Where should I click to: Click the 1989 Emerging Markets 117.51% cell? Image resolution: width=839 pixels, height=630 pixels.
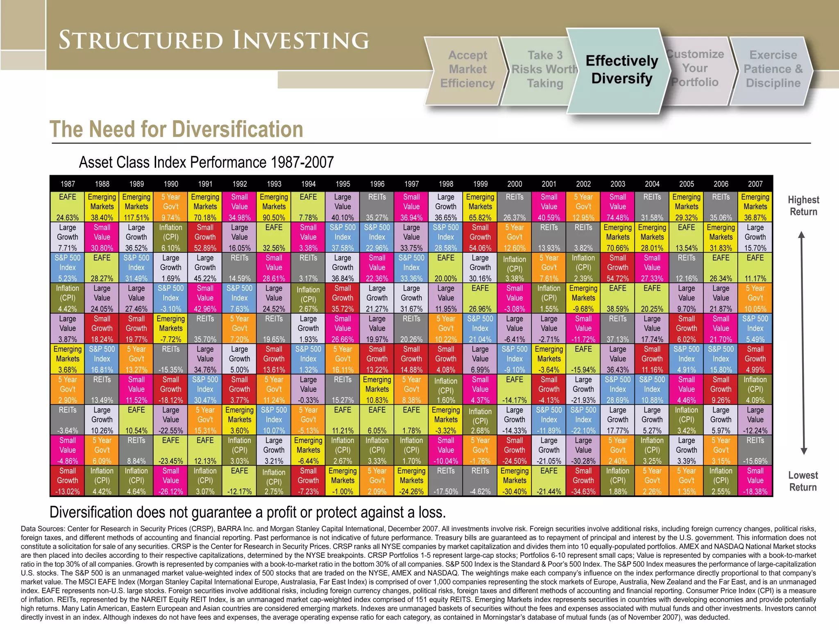136,207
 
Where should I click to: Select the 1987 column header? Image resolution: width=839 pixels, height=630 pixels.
68,184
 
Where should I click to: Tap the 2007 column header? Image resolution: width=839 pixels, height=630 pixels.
755,184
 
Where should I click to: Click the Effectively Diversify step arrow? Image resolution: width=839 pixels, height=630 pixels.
621,70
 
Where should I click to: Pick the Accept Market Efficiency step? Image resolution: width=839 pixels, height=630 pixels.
467,69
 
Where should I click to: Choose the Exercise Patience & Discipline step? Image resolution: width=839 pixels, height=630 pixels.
773,69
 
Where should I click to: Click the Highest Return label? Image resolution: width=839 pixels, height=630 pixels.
803,206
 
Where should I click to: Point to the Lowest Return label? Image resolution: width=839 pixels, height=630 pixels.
803,481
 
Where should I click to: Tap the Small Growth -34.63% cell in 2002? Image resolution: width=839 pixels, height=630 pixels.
583,481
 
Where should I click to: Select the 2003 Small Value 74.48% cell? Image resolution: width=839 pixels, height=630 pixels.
617,207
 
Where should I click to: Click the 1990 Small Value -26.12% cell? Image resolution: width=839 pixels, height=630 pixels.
171,481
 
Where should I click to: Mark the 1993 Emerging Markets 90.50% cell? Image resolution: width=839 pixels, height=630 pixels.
274,207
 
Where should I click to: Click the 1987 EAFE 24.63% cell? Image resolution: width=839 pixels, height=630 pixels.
68,207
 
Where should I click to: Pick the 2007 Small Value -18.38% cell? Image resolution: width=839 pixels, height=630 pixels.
755,481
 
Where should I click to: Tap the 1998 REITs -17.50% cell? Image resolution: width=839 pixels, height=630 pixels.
446,481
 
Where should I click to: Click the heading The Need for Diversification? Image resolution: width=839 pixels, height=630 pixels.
176,130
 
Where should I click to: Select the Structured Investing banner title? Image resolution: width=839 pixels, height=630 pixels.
214,40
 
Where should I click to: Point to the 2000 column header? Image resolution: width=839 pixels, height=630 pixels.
515,184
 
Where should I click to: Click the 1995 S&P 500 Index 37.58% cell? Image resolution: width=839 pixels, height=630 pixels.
342,237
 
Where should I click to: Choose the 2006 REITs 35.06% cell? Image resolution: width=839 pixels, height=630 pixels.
721,207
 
